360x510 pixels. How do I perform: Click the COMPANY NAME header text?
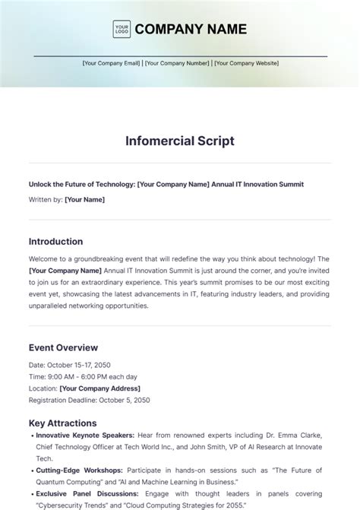tap(191, 30)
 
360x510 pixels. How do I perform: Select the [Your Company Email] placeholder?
tap(112, 63)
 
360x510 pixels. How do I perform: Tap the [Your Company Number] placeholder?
tap(178, 63)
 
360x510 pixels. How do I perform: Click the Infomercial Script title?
tap(179, 141)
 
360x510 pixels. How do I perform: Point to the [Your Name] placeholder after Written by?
tap(85, 199)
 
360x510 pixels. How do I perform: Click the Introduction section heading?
tap(55, 242)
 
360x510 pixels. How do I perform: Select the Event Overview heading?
tap(62, 347)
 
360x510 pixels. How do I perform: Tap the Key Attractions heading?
tap(62, 423)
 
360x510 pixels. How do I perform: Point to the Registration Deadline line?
tap(89, 400)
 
